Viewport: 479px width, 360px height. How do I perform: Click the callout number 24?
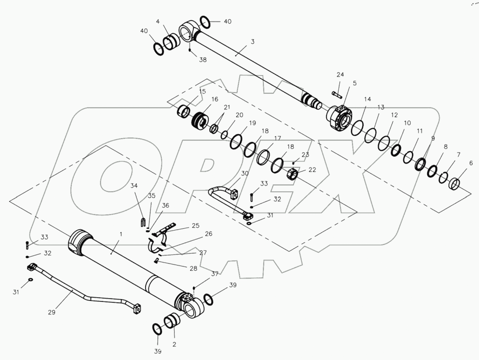[x=340, y=75]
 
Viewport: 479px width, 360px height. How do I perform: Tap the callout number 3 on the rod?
[x=252, y=42]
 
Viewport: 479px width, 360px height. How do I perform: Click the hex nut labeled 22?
[x=292, y=174]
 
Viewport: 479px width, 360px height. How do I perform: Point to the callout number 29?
[x=52, y=312]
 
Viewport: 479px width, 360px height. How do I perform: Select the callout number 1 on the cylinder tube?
[x=121, y=234]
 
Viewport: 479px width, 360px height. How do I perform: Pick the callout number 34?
[x=134, y=186]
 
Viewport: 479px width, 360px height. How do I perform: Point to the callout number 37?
[x=215, y=274]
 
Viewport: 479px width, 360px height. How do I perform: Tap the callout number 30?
[x=245, y=174]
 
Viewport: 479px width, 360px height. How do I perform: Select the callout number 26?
[x=209, y=234]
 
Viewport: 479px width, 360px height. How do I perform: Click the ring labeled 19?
[x=237, y=141]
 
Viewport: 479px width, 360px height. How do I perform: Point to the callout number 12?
[x=394, y=115]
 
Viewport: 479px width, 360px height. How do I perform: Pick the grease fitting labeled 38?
[x=190, y=50]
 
